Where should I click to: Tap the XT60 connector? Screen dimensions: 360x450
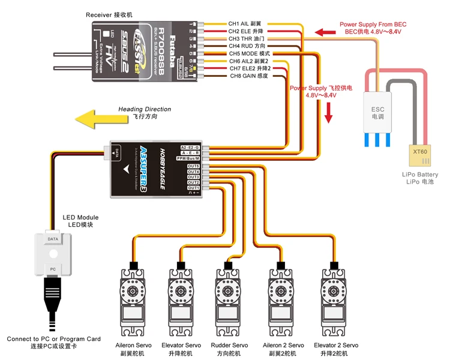(x=419, y=152)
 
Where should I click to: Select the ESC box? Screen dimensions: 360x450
(x=378, y=112)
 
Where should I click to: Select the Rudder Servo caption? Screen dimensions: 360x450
(x=229, y=346)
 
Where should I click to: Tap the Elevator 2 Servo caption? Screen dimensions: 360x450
(x=336, y=346)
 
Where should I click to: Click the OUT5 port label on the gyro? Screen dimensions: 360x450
(x=193, y=166)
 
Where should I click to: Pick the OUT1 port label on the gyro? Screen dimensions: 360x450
(x=193, y=188)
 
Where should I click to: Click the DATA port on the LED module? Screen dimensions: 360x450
(x=53, y=238)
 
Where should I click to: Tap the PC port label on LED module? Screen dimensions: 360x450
(x=53, y=269)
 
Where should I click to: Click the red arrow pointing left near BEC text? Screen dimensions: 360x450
(x=326, y=31)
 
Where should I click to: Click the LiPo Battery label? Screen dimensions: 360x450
(x=419, y=175)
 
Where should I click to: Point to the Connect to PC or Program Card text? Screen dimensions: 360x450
(x=53, y=339)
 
